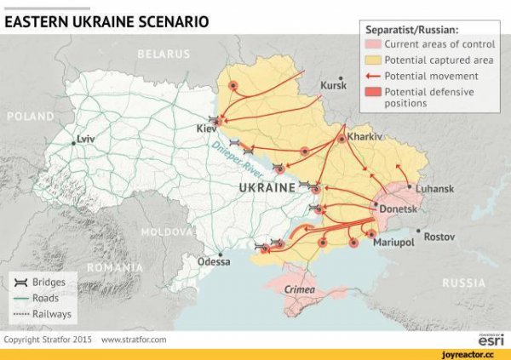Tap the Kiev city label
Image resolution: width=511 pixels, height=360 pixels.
click(x=206, y=129)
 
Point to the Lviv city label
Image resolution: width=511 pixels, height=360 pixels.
click(x=86, y=138)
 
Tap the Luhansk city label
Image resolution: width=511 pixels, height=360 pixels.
click(x=434, y=188)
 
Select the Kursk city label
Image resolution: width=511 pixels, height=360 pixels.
click(x=333, y=86)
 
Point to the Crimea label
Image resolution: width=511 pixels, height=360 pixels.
click(x=298, y=290)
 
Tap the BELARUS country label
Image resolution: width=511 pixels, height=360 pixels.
click(x=162, y=54)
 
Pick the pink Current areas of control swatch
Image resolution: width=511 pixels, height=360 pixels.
click(x=373, y=44)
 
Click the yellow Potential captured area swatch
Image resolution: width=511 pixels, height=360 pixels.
click(x=373, y=60)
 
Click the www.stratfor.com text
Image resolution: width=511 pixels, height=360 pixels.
click(x=134, y=340)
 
